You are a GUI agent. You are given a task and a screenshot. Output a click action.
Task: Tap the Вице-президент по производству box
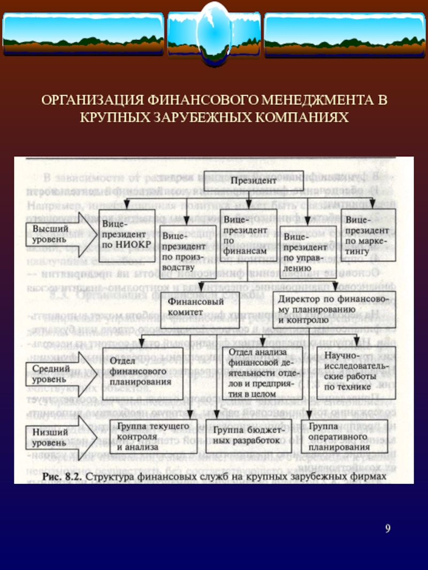tap(183, 248)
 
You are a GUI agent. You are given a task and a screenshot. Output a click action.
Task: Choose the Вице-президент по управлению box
tap(304, 249)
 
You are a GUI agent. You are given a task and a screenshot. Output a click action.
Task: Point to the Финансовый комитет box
tap(198, 307)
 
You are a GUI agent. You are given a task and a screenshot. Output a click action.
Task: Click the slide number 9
tap(388, 529)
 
